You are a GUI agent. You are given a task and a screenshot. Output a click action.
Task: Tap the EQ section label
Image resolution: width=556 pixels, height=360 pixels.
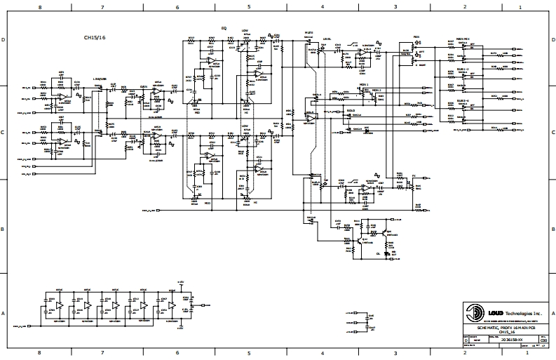point(224,27)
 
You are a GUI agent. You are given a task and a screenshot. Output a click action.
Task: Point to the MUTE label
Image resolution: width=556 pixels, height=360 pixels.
point(308,33)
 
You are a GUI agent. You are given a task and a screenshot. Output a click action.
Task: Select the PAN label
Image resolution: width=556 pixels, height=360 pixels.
point(416,36)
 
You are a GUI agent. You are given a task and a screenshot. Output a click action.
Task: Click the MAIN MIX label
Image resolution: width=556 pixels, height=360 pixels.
point(462,36)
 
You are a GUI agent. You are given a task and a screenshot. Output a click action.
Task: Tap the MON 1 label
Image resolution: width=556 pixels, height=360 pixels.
point(363,84)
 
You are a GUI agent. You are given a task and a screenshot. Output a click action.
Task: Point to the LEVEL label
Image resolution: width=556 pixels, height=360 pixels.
point(327,39)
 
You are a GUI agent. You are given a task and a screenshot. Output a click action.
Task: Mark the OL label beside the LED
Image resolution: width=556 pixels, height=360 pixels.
point(378,253)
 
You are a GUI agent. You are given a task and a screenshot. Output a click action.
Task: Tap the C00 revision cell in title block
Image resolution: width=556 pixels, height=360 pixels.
point(544,340)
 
